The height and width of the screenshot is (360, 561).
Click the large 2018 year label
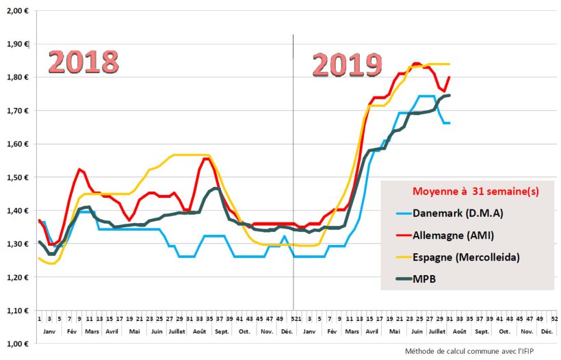(x=83, y=62)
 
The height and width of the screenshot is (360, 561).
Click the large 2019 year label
(x=347, y=66)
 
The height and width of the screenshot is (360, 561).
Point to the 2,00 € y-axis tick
(x=16, y=11)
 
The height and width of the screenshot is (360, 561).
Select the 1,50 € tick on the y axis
(x=16, y=177)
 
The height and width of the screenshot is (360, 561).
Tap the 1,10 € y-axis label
(x=16, y=310)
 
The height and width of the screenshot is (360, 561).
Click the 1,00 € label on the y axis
(x=16, y=344)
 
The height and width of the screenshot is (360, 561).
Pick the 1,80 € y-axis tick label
(x=16, y=77)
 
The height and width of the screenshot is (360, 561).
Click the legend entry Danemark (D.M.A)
(x=458, y=213)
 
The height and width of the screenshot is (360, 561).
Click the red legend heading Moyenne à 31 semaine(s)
(x=467, y=192)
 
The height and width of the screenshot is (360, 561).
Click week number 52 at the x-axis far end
(x=553, y=318)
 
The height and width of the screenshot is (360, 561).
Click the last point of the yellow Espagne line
(x=449, y=64)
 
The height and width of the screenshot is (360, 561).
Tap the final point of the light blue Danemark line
(x=449, y=123)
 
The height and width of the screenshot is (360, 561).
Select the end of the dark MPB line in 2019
(x=449, y=96)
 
